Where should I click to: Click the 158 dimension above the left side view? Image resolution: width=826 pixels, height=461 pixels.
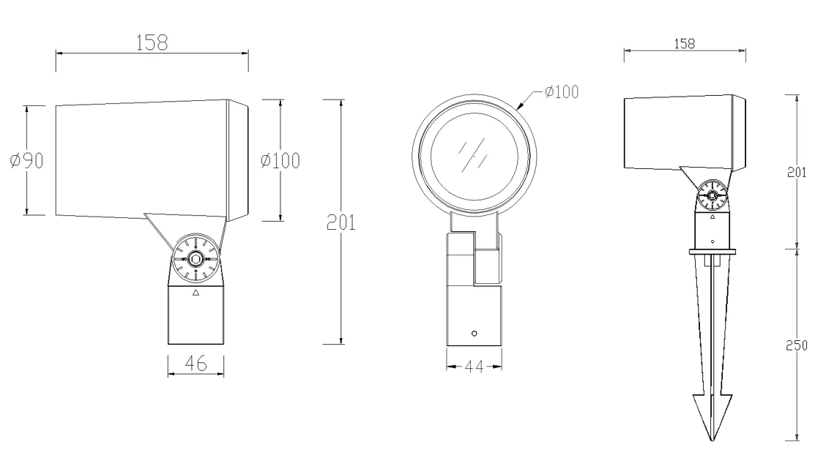tap(151, 42)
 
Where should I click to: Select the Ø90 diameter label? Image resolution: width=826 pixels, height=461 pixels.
tap(26, 161)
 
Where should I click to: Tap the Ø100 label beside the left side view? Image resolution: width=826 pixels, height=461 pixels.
tap(280, 161)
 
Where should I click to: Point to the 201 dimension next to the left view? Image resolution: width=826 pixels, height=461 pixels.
tap(341, 223)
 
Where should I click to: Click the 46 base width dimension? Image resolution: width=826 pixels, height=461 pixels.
tap(195, 362)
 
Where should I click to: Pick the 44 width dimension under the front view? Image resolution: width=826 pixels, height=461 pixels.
tap(474, 367)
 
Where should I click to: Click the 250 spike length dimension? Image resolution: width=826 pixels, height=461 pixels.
tap(796, 345)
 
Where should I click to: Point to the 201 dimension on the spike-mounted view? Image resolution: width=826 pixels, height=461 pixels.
tap(796, 173)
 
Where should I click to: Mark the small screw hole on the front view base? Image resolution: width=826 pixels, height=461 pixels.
tap(474, 334)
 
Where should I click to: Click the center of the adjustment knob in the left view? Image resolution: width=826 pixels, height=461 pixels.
tap(196, 258)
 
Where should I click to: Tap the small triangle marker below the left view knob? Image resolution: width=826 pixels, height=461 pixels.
tap(196, 293)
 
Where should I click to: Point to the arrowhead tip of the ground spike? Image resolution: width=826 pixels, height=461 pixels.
tap(712, 440)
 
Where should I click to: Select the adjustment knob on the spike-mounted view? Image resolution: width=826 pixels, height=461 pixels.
tap(712, 195)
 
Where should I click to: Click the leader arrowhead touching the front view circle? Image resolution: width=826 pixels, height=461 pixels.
tap(522, 107)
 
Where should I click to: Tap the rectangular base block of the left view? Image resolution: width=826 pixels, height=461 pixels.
tap(196, 315)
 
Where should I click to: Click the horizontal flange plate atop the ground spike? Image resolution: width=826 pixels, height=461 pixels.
tap(712, 252)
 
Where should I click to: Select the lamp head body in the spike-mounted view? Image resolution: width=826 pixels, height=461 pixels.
tap(685, 132)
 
